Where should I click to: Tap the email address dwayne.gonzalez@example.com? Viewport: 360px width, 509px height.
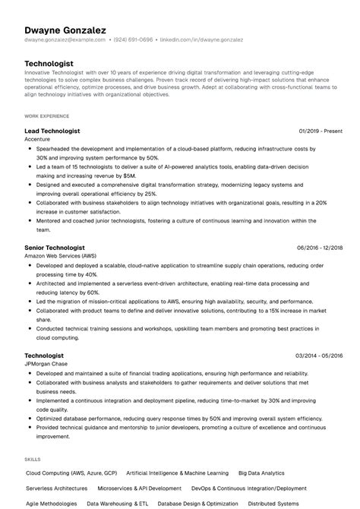tap(65, 39)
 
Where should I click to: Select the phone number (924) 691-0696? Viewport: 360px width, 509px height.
tap(134, 39)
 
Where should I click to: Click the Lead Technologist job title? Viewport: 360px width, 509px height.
tap(52, 131)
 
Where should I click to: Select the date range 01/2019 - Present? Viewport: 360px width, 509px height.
tap(321, 131)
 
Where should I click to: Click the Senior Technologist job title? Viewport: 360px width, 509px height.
tap(55, 248)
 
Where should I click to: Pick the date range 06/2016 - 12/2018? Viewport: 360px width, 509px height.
tap(320, 248)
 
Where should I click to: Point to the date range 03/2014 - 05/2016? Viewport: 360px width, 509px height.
tap(320, 356)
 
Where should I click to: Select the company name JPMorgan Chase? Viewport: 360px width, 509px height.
tap(47, 364)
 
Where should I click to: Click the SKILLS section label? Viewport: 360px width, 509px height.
tap(33, 460)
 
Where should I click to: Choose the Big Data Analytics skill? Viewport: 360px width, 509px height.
tap(261, 473)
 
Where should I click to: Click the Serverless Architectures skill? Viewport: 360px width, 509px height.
tap(57, 488)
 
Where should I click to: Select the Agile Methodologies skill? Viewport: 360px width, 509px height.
tap(52, 504)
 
